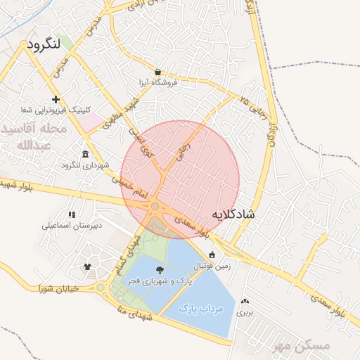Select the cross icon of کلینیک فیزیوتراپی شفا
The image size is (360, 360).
click(56, 100)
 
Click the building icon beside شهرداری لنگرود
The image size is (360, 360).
click(86, 155)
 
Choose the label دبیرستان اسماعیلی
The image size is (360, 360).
click(71, 226)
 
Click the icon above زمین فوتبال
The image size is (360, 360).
click(212, 255)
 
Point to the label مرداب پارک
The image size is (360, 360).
click(200, 308)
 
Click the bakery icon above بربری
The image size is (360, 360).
click(244, 300)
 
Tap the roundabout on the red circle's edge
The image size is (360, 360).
click(155, 206)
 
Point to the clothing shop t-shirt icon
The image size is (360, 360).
click(87, 266)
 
